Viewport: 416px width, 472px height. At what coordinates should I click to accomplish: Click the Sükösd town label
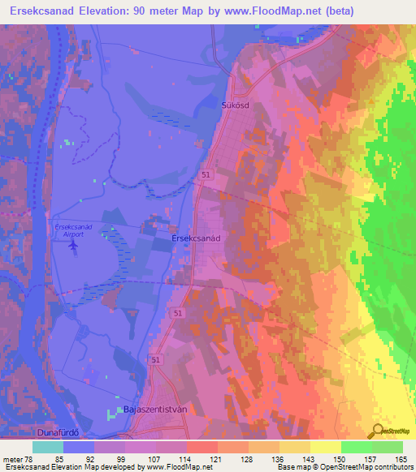pyautogui.click(x=234, y=105)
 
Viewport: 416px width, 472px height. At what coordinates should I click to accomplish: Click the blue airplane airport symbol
pyautogui.click(x=74, y=242)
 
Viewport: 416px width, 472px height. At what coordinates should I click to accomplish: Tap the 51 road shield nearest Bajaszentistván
pyautogui.click(x=154, y=358)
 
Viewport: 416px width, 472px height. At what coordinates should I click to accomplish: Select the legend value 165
pyautogui.click(x=401, y=459)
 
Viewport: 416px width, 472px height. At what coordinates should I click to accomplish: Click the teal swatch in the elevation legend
pyautogui.click(x=48, y=447)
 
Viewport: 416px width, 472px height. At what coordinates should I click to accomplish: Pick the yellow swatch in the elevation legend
pyautogui.click(x=325, y=447)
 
